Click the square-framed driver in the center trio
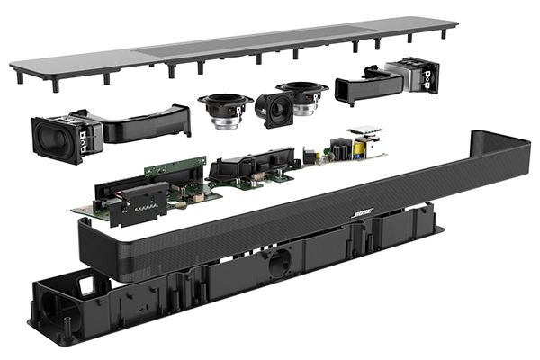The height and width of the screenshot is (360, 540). click(274, 110)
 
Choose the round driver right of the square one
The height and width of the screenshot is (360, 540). click(302, 96)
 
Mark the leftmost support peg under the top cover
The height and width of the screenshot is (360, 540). click(19, 77)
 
